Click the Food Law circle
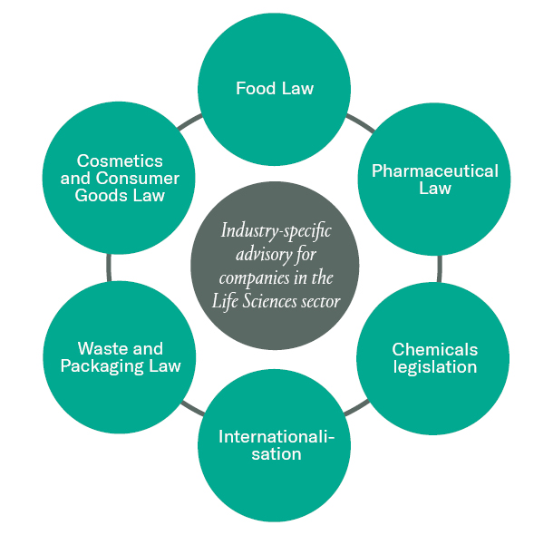(275, 88)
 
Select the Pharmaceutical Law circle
(434, 179)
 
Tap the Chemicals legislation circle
(434, 357)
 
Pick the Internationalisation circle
(275, 444)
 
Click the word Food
(256, 88)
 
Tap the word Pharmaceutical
(435, 170)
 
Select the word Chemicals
(435, 349)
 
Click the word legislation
(435, 367)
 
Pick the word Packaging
(109, 366)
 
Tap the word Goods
(102, 195)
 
